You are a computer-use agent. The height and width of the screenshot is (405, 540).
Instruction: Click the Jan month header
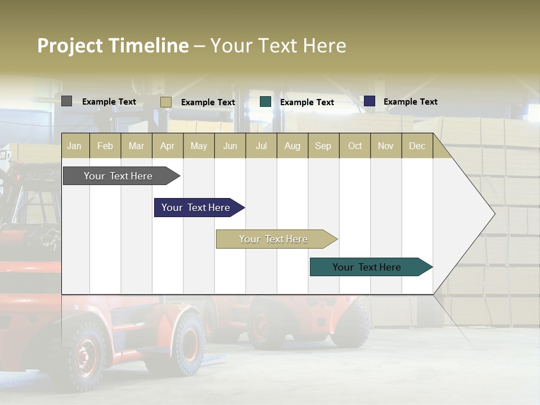pos(74,146)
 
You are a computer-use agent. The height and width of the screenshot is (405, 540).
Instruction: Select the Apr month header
pos(167,146)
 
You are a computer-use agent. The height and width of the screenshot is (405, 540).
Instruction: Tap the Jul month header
pos(261,146)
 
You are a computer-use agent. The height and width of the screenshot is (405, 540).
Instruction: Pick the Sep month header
pos(323,146)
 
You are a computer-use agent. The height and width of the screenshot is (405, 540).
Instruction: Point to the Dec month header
pos(417,146)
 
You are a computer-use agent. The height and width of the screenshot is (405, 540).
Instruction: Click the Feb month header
pos(105,146)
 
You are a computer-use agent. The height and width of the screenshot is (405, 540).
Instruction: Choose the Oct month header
pos(355,146)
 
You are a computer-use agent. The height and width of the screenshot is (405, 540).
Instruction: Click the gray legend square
pos(66,101)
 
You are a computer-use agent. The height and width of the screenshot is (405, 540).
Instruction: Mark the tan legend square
pos(165,102)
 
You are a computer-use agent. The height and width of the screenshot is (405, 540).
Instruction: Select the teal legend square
pos(265,102)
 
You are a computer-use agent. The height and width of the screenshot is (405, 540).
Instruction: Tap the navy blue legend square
pos(370,101)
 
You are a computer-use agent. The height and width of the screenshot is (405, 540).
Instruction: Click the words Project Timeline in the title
pos(112,46)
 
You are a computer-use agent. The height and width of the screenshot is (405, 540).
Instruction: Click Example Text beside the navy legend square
pos(410,102)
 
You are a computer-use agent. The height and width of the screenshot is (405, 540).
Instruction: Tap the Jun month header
pos(230,146)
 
